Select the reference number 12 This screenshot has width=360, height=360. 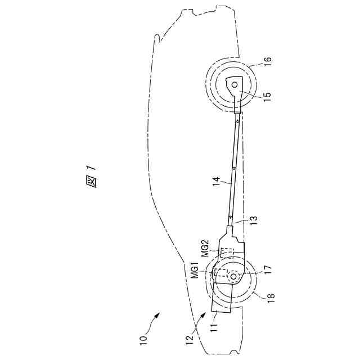click(x=190, y=339)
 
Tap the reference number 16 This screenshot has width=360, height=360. click(x=267, y=60)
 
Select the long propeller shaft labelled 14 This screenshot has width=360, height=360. click(x=233, y=169)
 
